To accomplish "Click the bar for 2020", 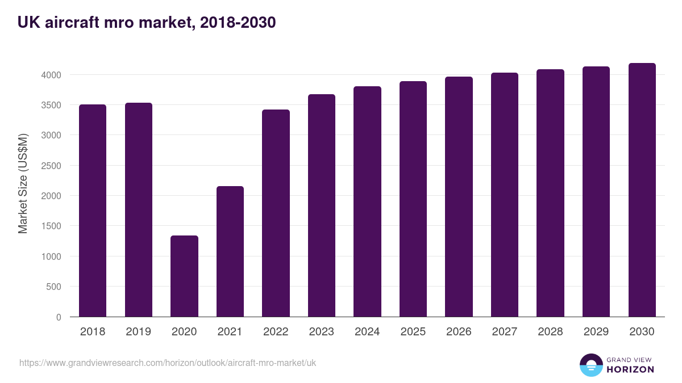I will point(184,276).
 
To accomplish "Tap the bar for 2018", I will point(93,211).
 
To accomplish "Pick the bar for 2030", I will point(642,190).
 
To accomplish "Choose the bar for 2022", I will point(276,213).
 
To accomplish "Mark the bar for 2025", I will point(413,199).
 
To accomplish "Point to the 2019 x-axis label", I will point(139,331).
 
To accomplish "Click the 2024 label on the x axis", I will point(367,331).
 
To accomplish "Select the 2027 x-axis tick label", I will point(505,331).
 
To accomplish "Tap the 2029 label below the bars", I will point(596,331).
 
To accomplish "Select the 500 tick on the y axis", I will point(53,287).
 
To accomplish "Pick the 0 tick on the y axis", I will point(59,317).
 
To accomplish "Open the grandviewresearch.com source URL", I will point(168,363).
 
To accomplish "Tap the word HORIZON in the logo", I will point(631,369).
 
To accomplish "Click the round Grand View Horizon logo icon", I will point(590,365).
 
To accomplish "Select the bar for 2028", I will point(551,193).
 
